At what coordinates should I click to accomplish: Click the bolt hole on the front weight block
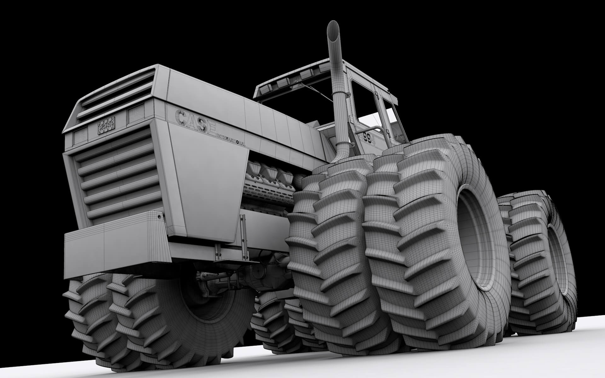pos(158,218)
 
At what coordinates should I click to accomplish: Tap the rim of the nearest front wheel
pos(471,239)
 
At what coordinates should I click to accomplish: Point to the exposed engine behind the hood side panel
pos(271,186)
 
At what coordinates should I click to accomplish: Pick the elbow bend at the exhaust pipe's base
pos(342,154)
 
